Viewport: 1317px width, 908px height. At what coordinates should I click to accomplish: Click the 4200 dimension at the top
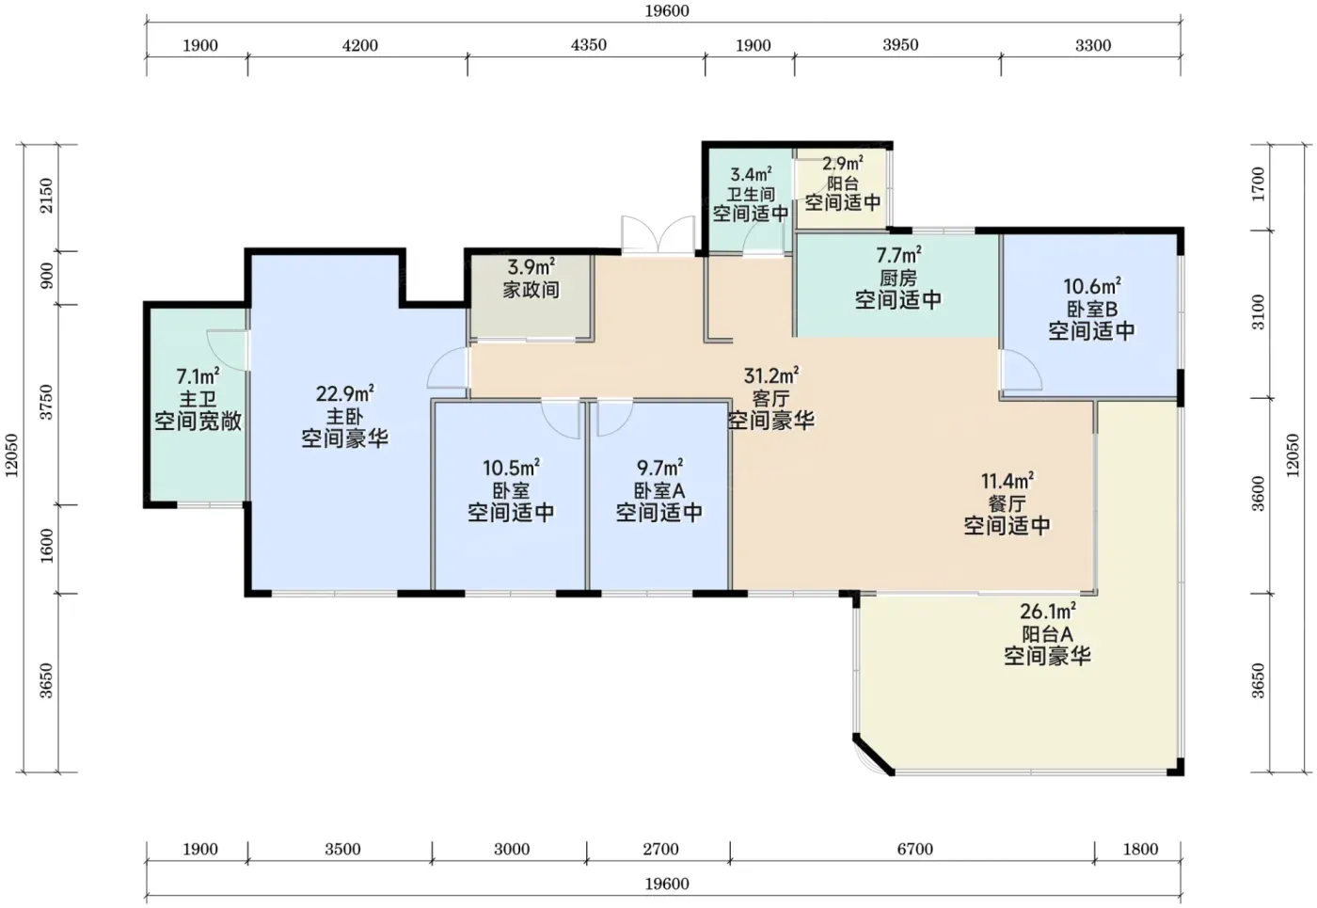point(359,45)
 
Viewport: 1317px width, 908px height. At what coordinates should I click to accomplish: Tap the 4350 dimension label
point(589,45)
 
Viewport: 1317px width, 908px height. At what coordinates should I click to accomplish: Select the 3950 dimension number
point(900,45)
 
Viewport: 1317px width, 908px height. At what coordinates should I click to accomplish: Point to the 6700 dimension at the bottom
point(914,849)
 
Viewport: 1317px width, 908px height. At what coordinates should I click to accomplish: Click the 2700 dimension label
point(660,849)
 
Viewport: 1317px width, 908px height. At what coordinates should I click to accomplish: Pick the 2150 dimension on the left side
point(46,196)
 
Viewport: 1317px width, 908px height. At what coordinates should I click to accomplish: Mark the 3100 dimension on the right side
point(1258,312)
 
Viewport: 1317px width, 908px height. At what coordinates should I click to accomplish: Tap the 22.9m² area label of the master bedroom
point(345,393)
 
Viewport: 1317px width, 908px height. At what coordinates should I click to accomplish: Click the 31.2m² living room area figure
point(771,375)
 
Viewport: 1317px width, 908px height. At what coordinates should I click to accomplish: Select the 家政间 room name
point(531,290)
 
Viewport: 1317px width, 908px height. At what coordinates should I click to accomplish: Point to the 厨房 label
point(898,277)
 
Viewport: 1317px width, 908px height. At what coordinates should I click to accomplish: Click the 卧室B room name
point(1092,309)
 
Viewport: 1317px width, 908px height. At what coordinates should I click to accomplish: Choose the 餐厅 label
point(1007,503)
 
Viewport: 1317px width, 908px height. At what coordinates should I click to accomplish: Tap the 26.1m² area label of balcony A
point(1048,612)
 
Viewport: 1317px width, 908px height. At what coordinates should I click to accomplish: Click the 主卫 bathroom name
point(198,399)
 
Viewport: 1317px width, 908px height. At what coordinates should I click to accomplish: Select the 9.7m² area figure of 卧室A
point(659,469)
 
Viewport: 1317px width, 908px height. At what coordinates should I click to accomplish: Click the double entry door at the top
point(658,235)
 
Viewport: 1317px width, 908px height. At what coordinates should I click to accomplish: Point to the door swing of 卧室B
point(1022,369)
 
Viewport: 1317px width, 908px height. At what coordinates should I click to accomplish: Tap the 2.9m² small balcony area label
point(843,164)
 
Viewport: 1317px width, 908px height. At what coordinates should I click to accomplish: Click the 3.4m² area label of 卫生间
point(751,174)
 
